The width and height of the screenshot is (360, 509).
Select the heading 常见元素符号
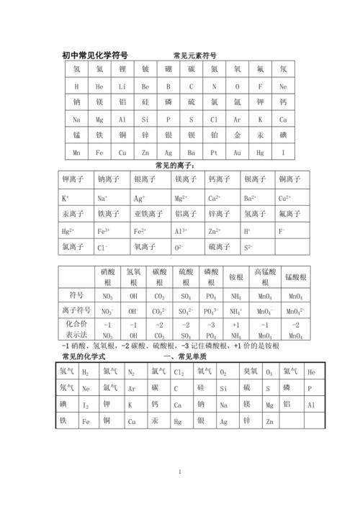tap(194, 55)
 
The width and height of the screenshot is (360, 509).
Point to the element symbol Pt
tap(214, 153)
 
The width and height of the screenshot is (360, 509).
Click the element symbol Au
tap(237, 153)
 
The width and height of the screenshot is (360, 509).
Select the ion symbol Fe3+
tap(104, 231)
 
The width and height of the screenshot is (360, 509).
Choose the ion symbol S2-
tap(248, 248)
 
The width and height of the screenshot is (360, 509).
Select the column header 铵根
tap(235, 276)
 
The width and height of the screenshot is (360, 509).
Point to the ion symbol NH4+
tap(235, 311)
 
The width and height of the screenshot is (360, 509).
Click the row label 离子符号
tap(76, 311)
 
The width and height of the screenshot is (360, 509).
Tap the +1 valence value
tap(235, 325)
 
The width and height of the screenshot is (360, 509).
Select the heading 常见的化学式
tap(84, 357)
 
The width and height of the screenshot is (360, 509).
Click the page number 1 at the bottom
tap(180, 472)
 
